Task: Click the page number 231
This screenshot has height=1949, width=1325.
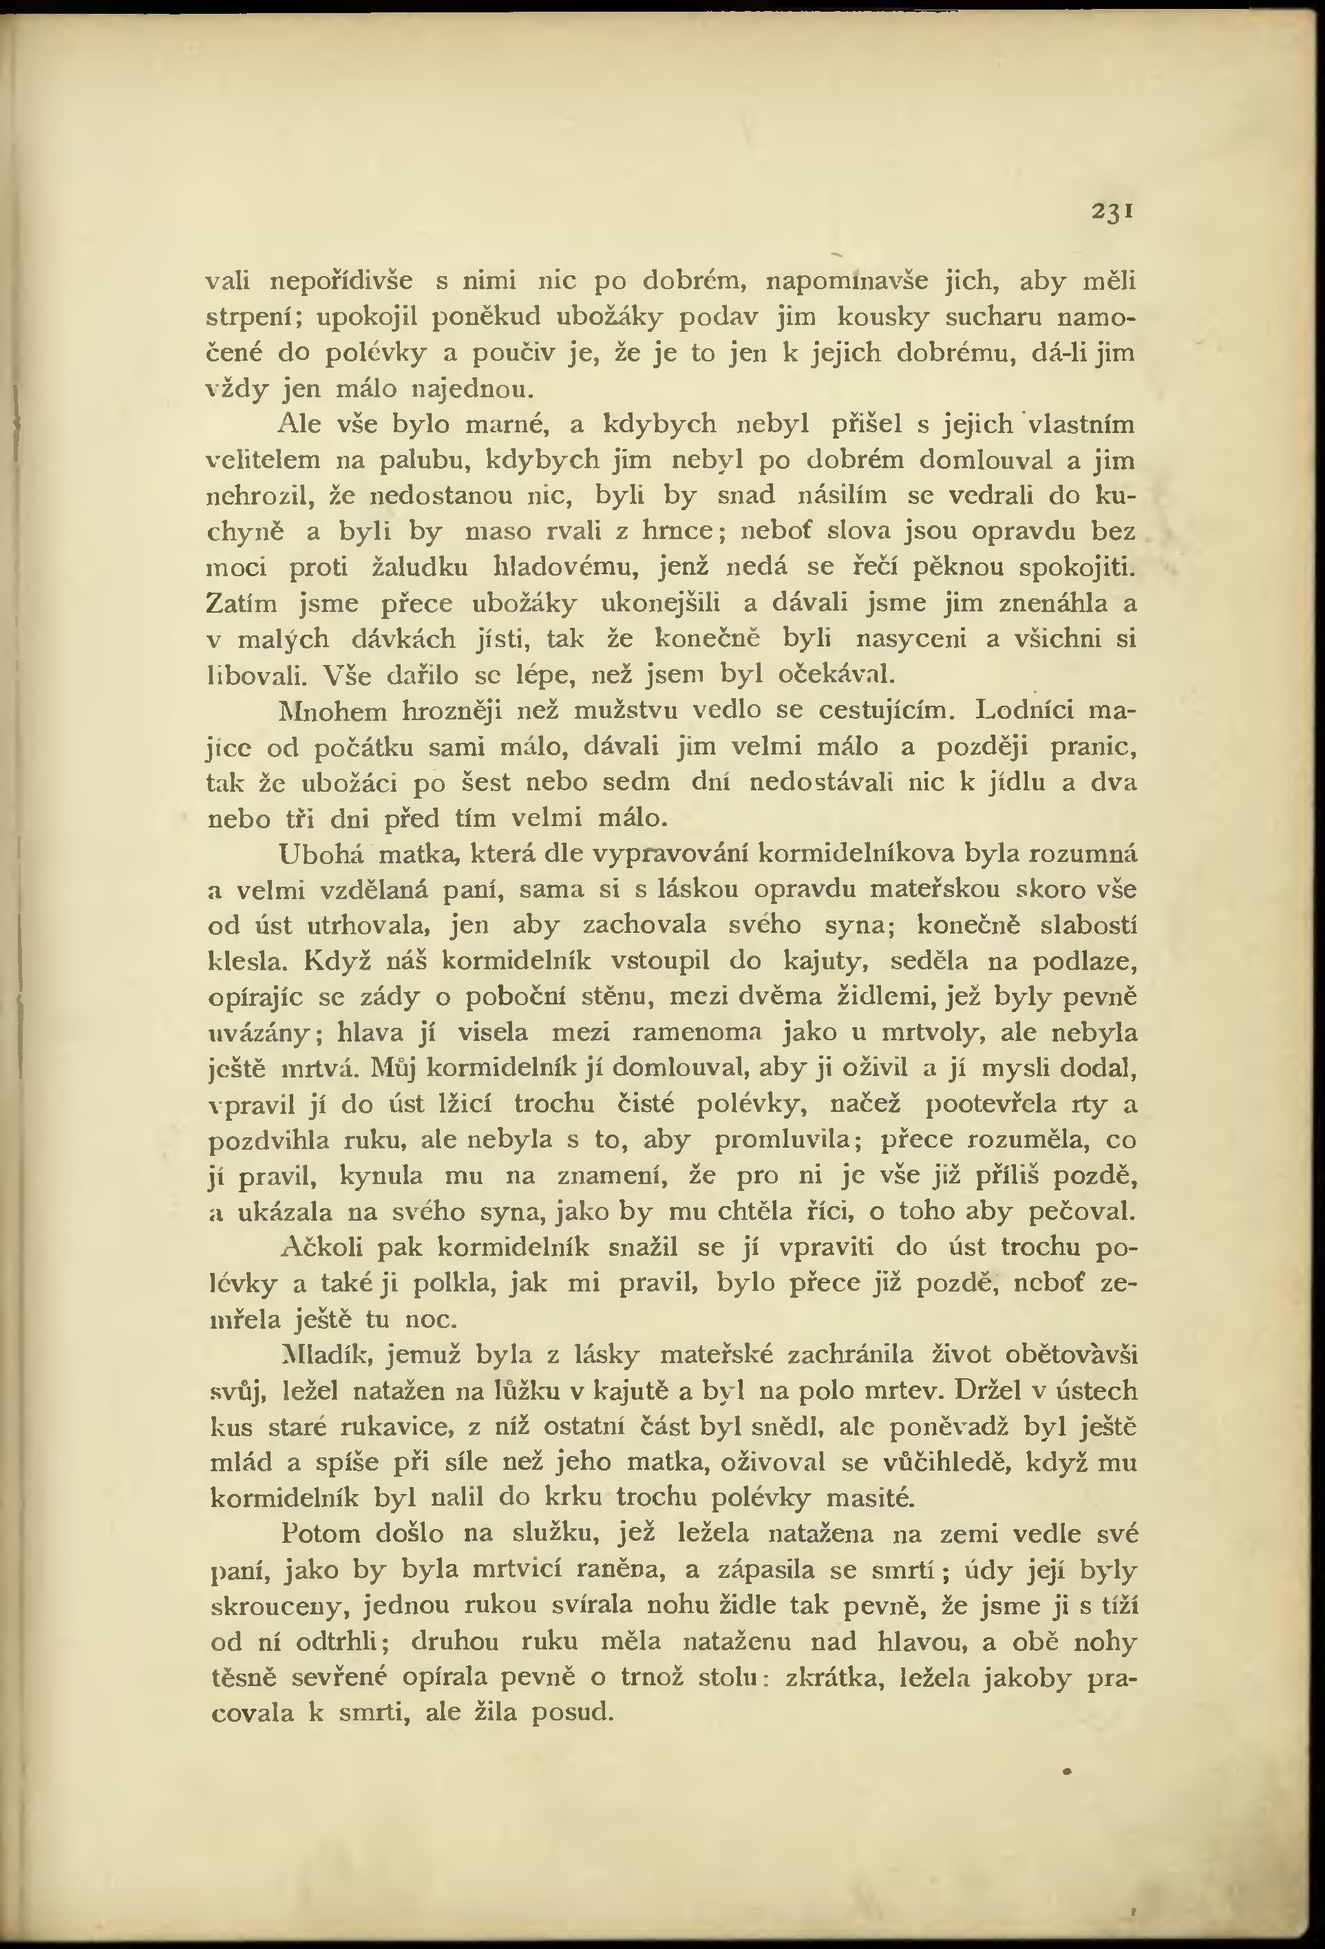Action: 1113,211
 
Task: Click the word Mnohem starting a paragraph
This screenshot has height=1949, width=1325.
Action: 333,711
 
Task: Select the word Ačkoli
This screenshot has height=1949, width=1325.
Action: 322,1248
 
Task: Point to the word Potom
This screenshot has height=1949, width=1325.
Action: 320,1534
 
